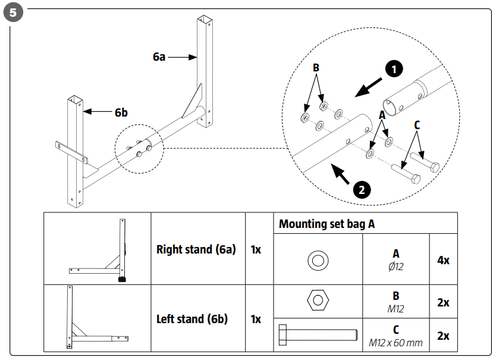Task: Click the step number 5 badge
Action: pos(13,13)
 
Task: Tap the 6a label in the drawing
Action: pos(159,57)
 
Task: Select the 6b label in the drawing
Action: pos(122,111)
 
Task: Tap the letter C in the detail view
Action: pos(417,125)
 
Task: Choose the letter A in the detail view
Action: pos(382,117)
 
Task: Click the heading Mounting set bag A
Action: pos(326,224)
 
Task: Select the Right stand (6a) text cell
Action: pos(196,249)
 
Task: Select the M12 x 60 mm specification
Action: pos(395,342)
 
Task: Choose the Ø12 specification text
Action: pos(395,266)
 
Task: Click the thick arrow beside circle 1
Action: pos(369,86)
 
